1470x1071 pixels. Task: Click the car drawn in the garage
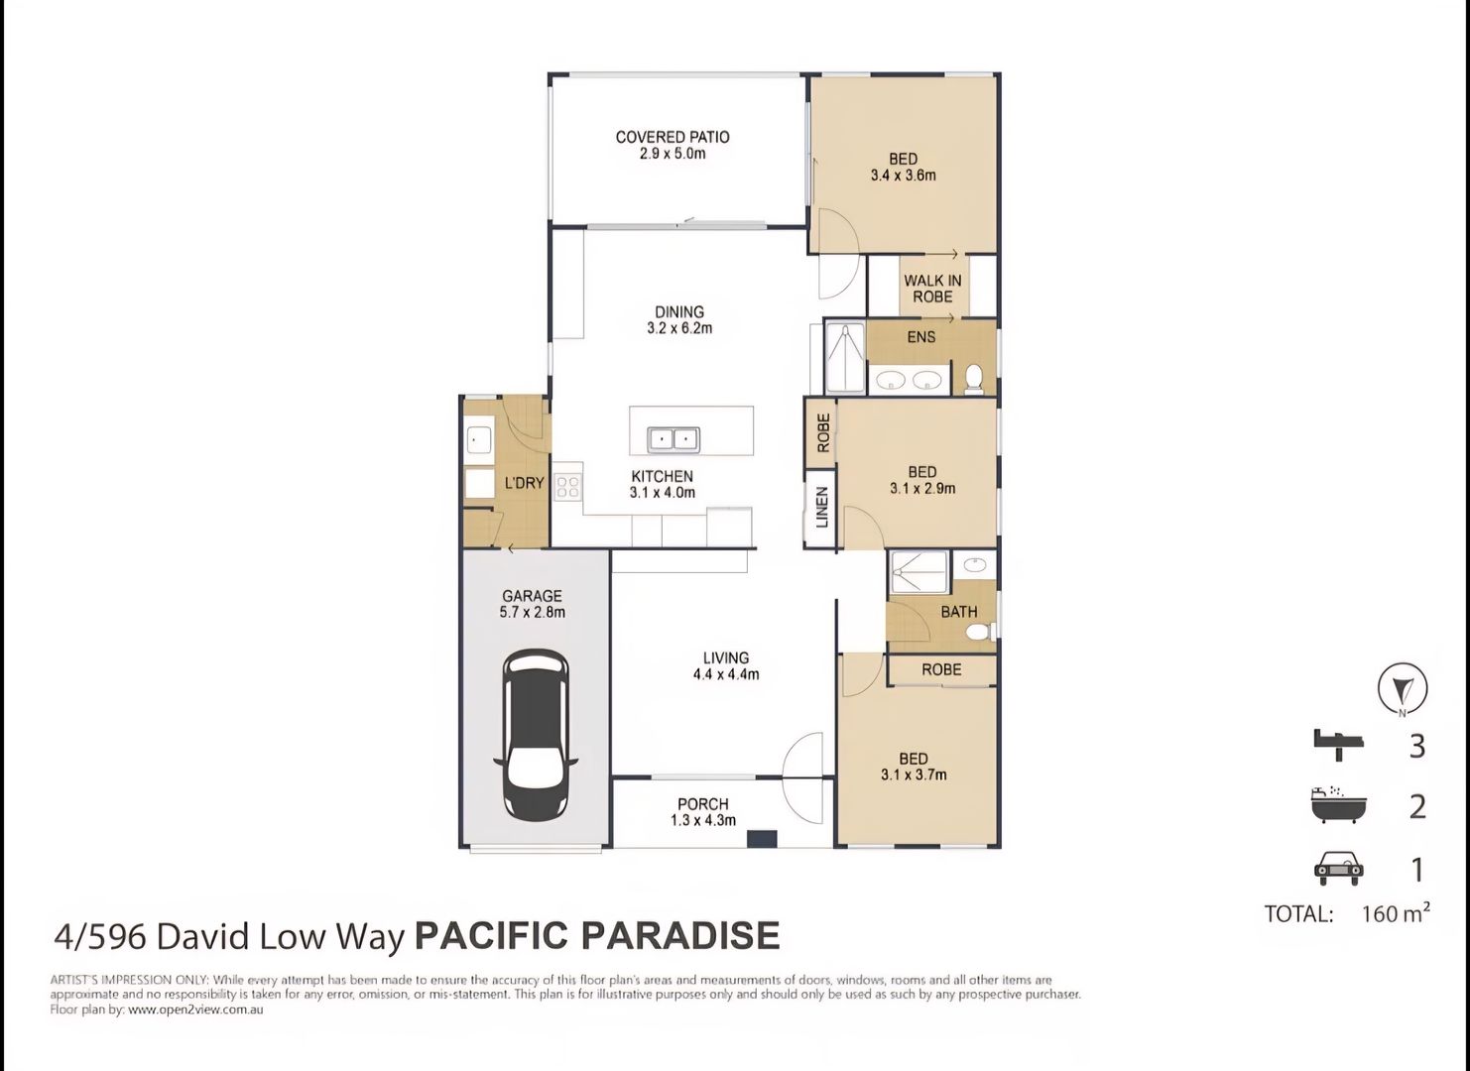pyautogui.click(x=537, y=735)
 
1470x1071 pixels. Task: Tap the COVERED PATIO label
pyautogui.click(x=673, y=137)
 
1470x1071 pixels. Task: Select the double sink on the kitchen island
pyautogui.click(x=674, y=438)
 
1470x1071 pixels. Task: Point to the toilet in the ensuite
pyautogui.click(x=973, y=378)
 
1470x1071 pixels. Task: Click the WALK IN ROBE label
pyautogui.click(x=932, y=289)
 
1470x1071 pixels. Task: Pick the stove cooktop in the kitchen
pyautogui.click(x=567, y=487)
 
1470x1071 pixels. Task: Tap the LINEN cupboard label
pyautogui.click(x=821, y=507)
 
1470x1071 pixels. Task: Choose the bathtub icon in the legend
pyautogui.click(x=1338, y=805)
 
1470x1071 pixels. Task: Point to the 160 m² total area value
pyautogui.click(x=1395, y=913)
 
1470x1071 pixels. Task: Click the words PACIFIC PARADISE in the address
pyautogui.click(x=596, y=935)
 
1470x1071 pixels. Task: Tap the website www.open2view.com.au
pyautogui.click(x=195, y=1010)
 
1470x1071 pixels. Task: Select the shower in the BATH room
pyautogui.click(x=919, y=573)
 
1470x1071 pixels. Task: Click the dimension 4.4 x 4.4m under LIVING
pyautogui.click(x=726, y=674)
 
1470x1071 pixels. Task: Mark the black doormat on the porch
pyautogui.click(x=762, y=839)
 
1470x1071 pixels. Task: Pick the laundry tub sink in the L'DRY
pyautogui.click(x=479, y=438)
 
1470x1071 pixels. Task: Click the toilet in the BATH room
pyautogui.click(x=981, y=631)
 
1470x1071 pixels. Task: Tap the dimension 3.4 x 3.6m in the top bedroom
pyautogui.click(x=903, y=176)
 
